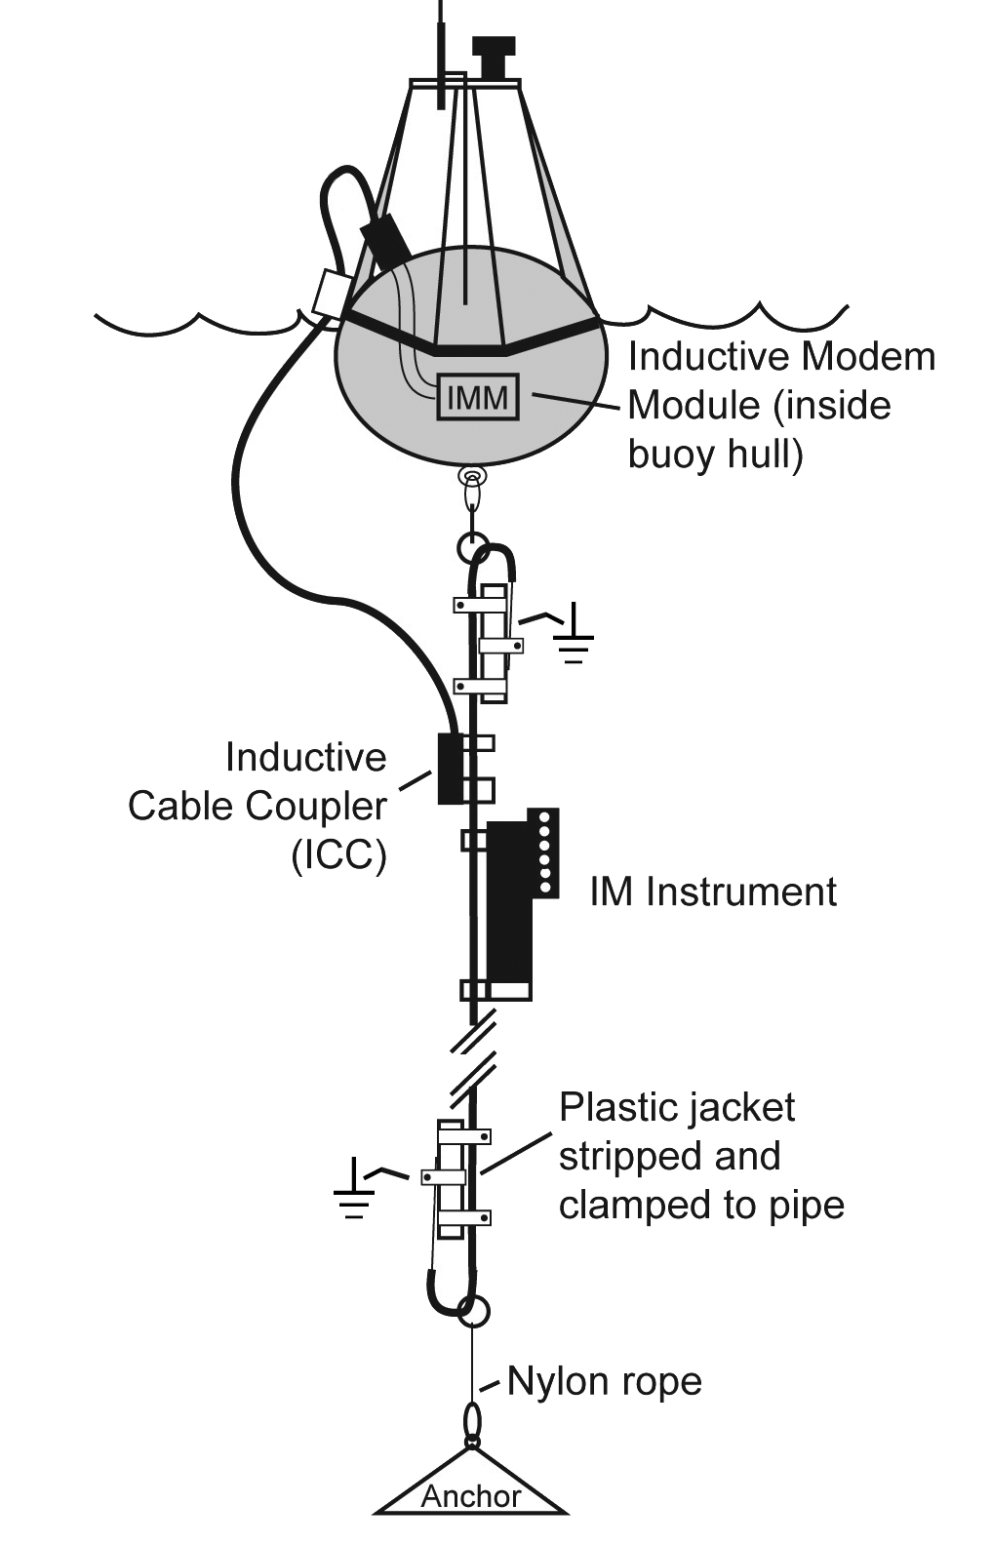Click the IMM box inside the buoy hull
(477, 397)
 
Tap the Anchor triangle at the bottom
(471, 1486)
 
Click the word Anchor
(471, 1496)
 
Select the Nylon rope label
(604, 1381)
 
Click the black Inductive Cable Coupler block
(449, 768)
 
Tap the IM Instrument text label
(713, 891)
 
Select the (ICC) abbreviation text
(338, 855)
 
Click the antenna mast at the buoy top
(442, 49)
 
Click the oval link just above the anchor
(471, 1420)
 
